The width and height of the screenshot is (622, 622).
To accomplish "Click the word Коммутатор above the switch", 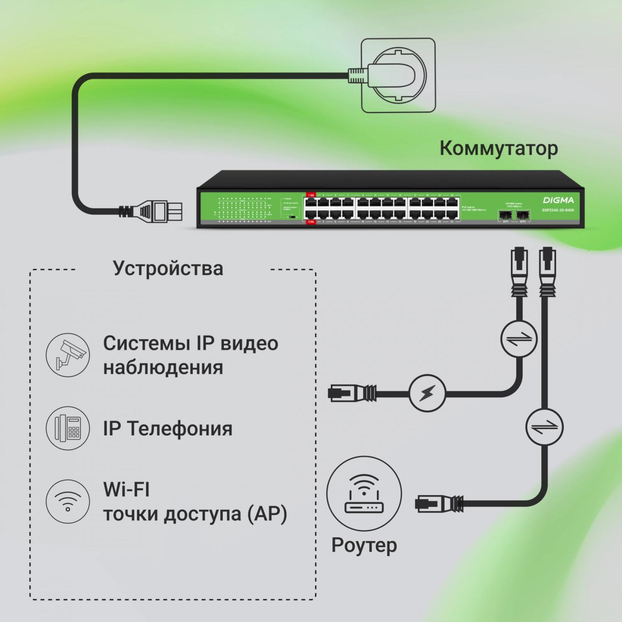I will click(498, 148).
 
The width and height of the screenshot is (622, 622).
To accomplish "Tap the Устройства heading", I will click(168, 268).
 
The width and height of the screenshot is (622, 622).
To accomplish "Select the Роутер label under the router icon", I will click(364, 545).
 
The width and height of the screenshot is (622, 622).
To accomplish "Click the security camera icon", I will click(68, 355).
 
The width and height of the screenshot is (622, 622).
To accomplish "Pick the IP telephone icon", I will click(68, 428).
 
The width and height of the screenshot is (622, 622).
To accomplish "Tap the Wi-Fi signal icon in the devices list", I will click(68, 501).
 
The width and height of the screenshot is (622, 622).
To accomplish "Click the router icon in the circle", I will click(364, 493).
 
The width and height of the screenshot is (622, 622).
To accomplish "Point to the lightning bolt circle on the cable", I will click(427, 393).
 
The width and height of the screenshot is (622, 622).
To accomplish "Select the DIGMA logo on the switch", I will click(558, 200).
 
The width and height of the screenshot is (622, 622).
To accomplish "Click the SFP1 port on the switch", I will click(505, 215).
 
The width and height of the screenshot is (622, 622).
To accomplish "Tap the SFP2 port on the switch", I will click(523, 215).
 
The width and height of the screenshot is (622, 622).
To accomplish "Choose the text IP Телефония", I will click(168, 428).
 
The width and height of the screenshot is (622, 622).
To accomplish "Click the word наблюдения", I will click(163, 367).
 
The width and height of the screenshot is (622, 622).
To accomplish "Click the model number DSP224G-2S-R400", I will click(558, 210).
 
